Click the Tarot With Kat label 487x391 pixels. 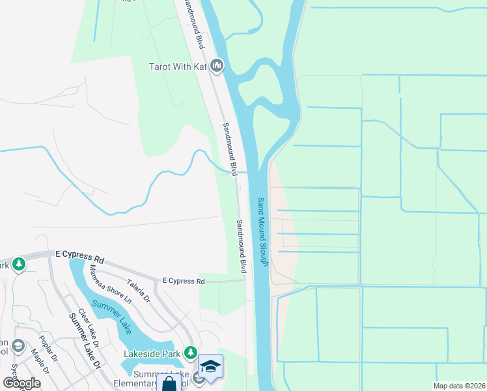pyautogui.click(x=178, y=66)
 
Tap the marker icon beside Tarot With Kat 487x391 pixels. pyautogui.click(x=217, y=66)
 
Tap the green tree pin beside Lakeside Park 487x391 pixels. pyautogui.click(x=190, y=353)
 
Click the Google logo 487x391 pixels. pyautogui.click(x=21, y=383)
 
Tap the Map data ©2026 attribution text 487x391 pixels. pyautogui.click(x=459, y=386)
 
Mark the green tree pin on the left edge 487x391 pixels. pyautogui.click(x=19, y=264)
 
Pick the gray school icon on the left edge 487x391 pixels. pyautogui.click(x=18, y=345)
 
